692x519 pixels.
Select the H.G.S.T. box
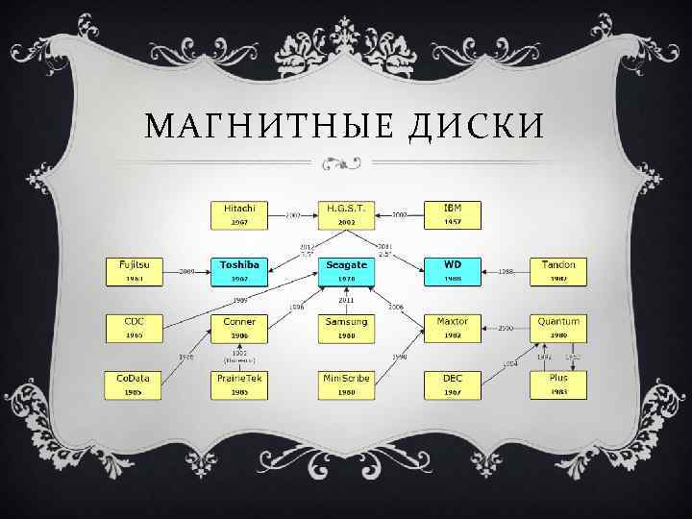(346, 214)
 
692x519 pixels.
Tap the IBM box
(452, 214)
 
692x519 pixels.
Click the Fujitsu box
(134, 271)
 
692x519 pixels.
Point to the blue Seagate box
(346, 271)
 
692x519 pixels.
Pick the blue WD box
(452, 271)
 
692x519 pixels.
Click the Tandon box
(558, 271)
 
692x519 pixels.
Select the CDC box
(134, 328)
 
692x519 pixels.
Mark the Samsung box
(346, 328)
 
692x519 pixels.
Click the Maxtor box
(452, 328)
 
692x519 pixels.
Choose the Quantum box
(558, 328)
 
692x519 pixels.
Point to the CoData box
(134, 384)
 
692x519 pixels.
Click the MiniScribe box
(346, 384)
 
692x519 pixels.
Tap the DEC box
(452, 384)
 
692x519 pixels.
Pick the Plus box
(558, 384)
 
